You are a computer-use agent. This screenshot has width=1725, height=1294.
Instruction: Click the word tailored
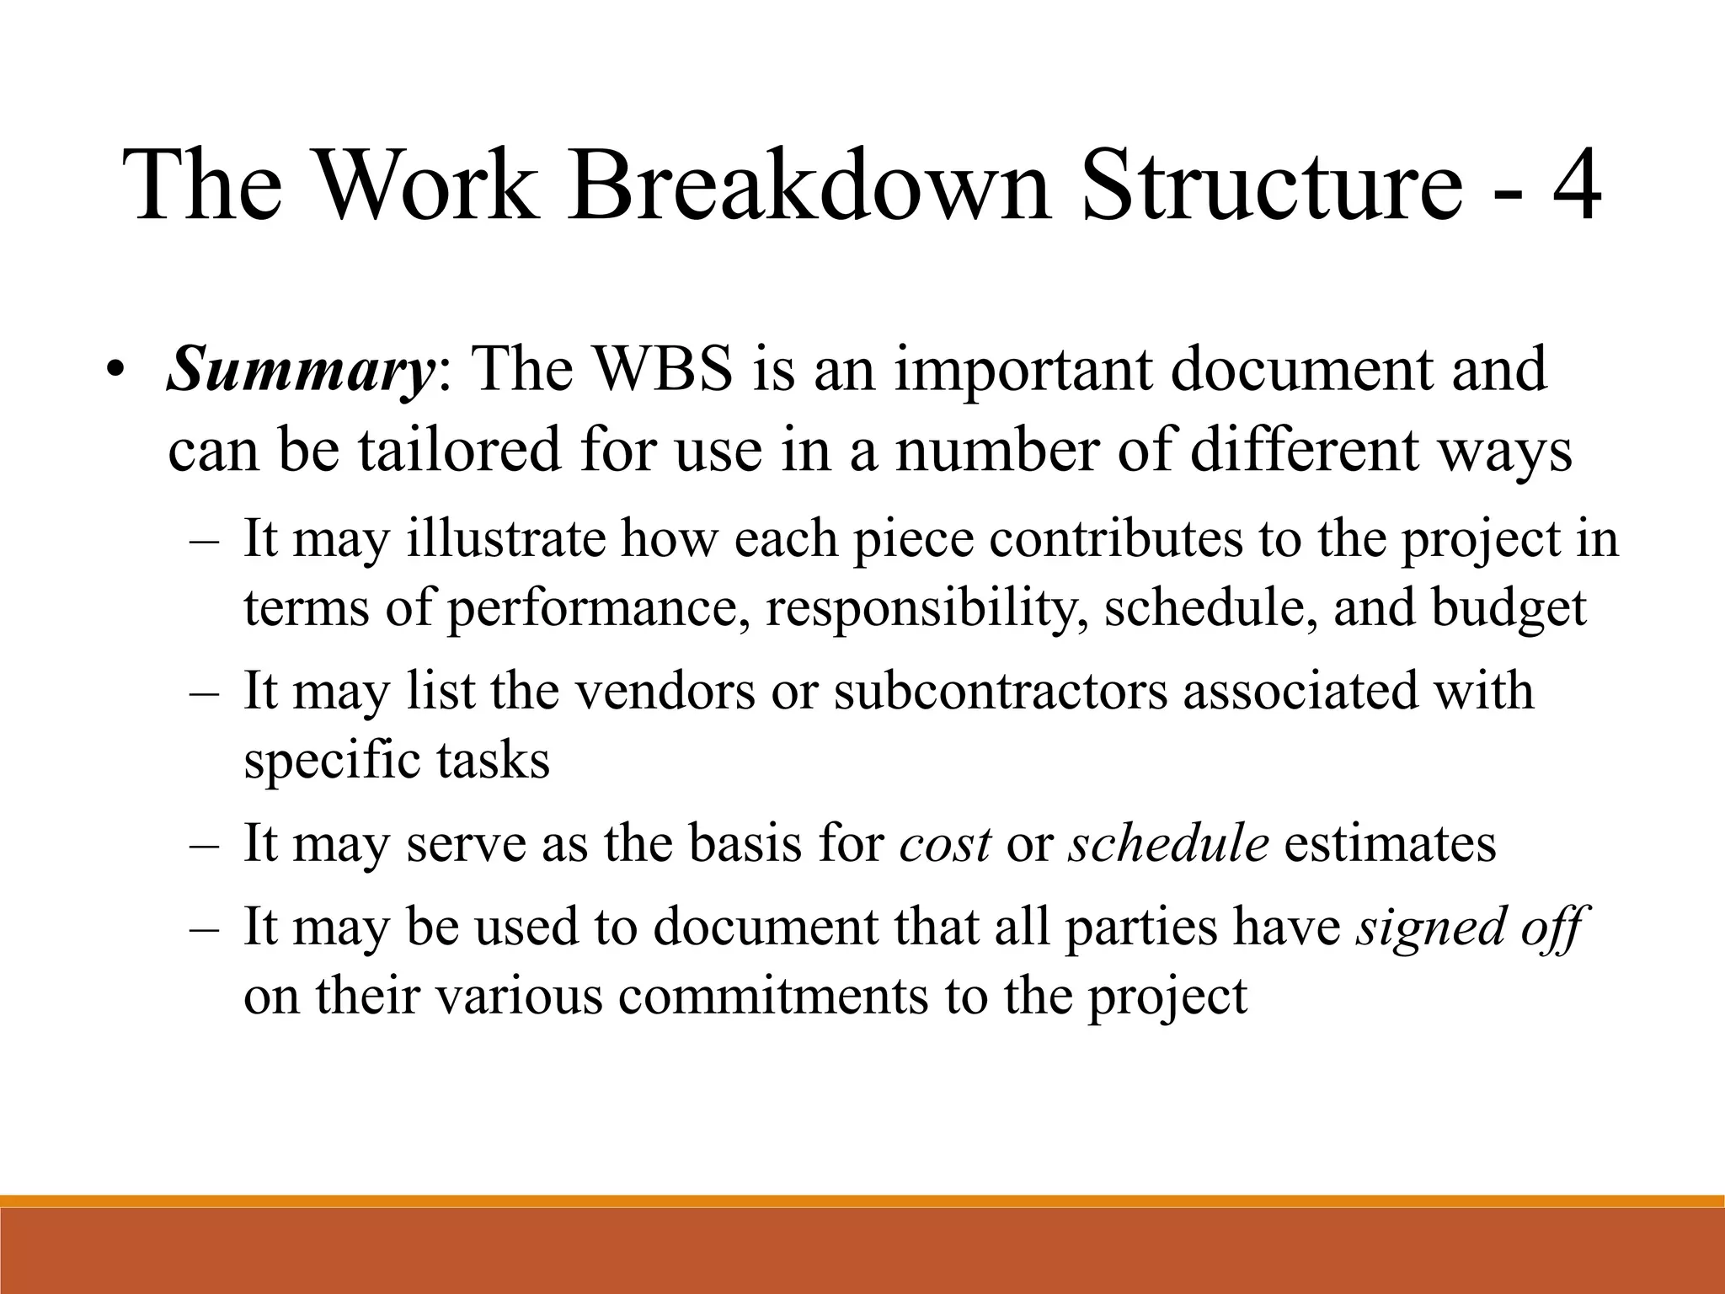459,450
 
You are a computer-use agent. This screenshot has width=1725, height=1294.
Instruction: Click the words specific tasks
396,760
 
